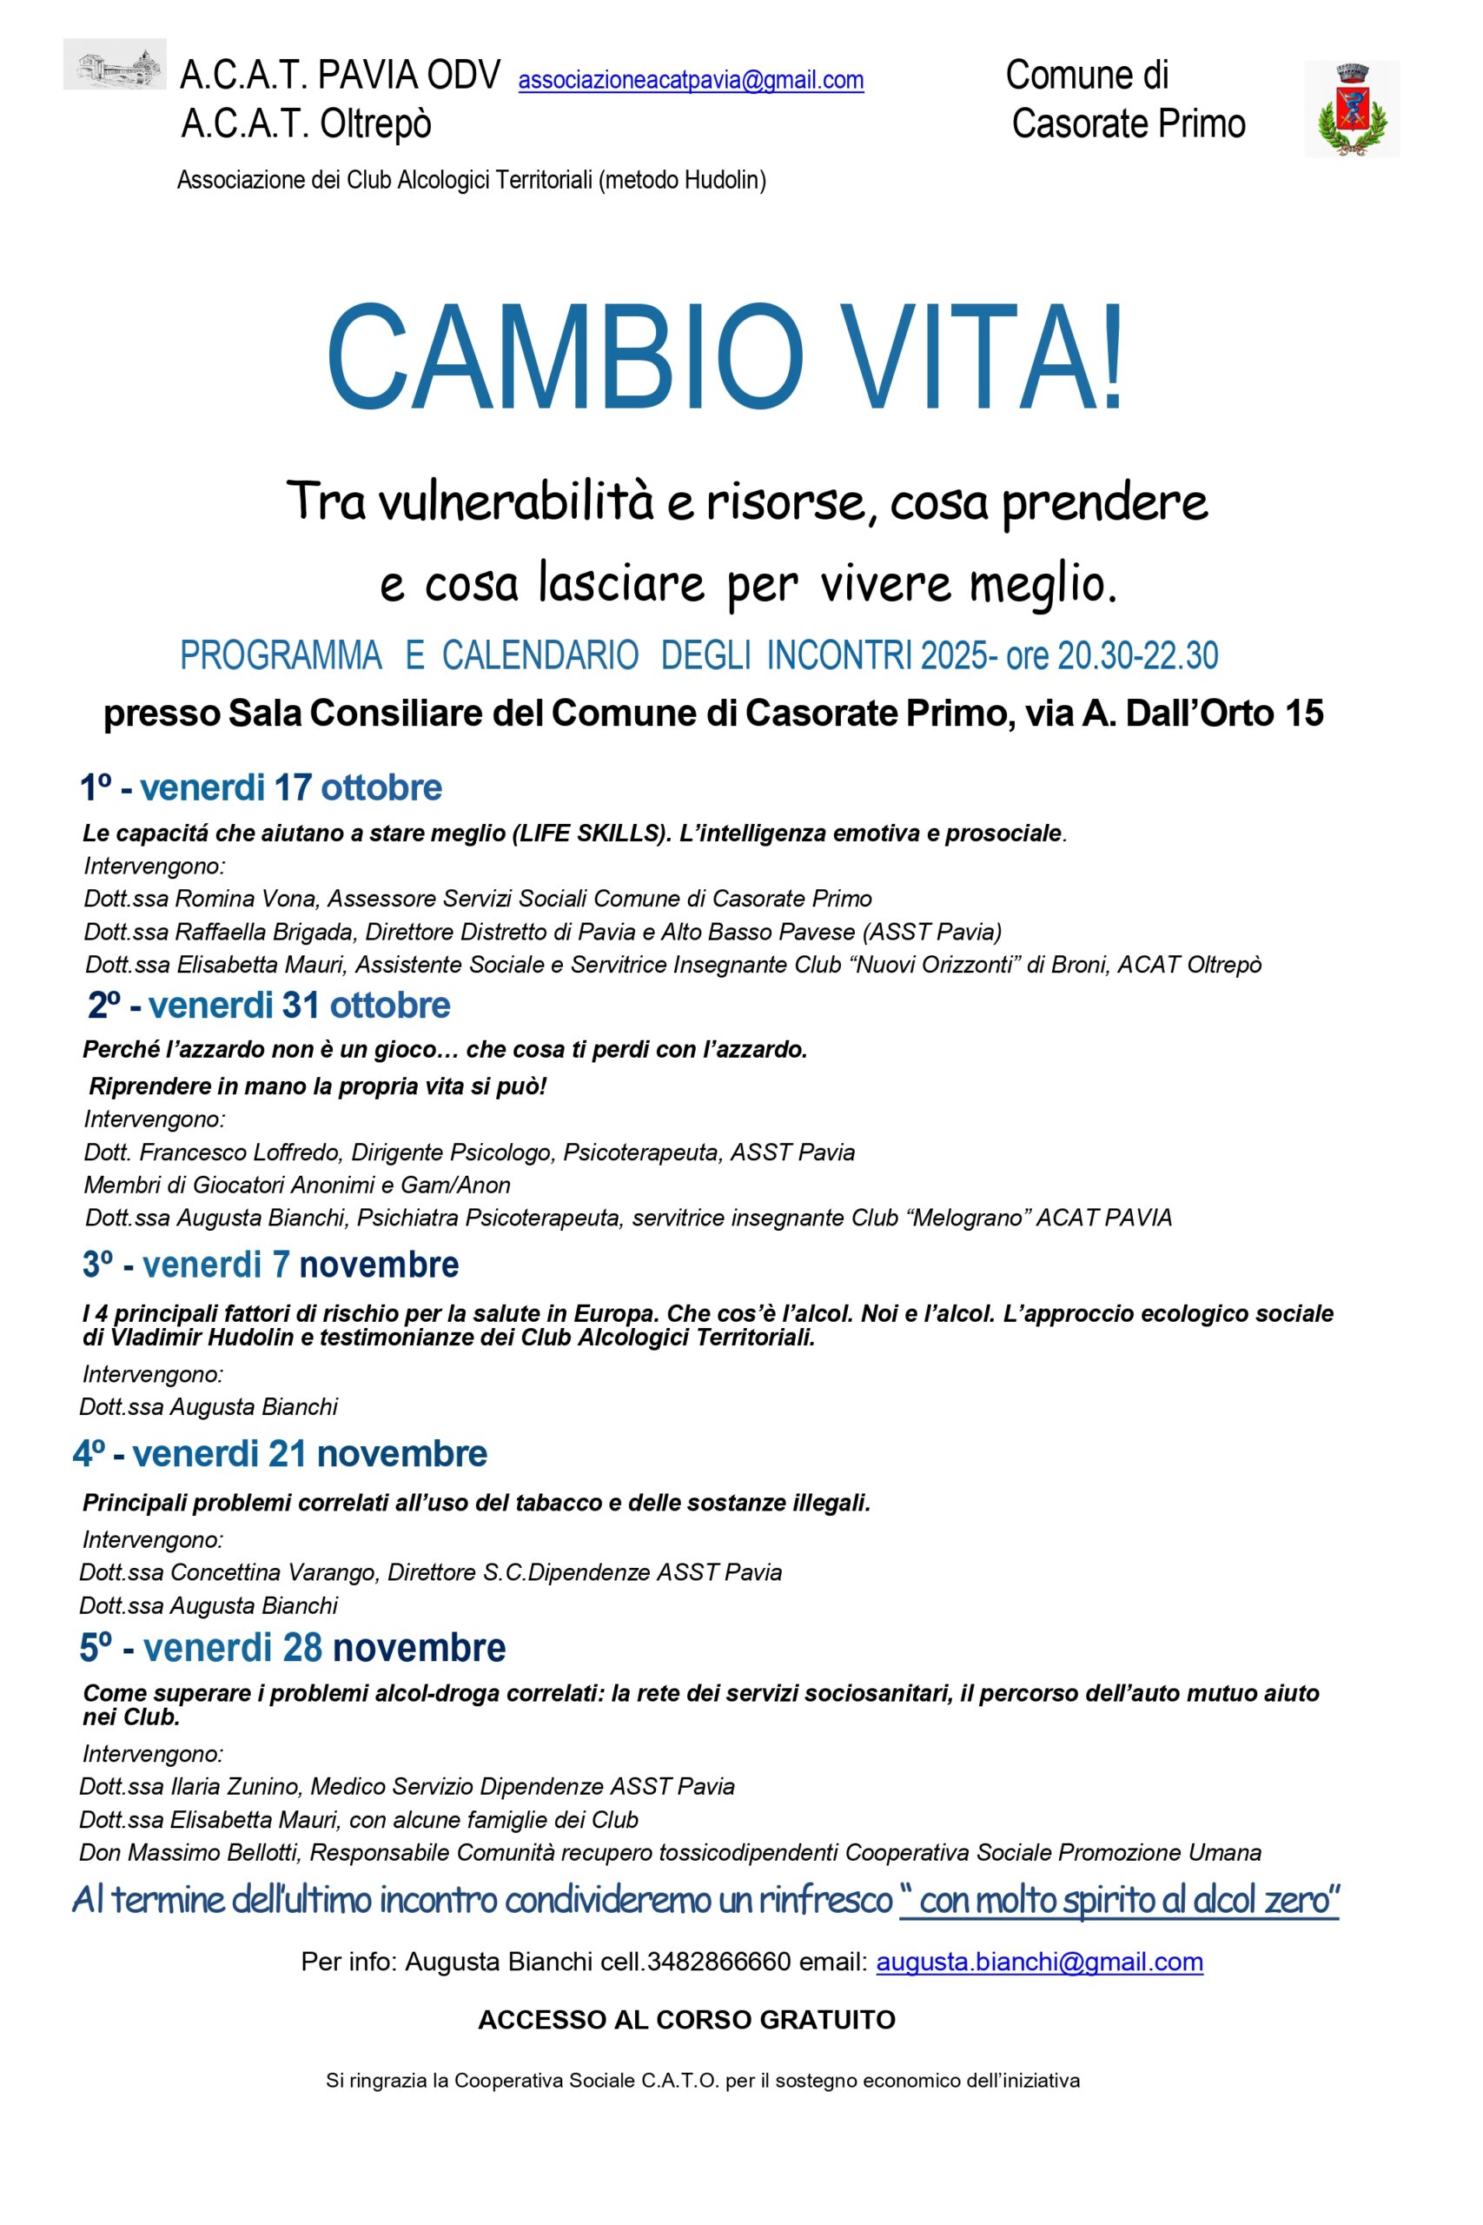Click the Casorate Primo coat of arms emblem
(x=1352, y=109)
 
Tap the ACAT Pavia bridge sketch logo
(x=115, y=64)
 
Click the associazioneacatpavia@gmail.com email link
(x=691, y=81)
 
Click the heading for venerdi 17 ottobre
(x=261, y=787)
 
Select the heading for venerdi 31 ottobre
(x=269, y=1005)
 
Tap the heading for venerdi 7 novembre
(x=271, y=1264)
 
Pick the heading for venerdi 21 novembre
(x=281, y=1453)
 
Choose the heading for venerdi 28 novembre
(x=293, y=1647)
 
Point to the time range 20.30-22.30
(x=1138, y=655)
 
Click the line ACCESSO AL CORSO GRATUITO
(x=686, y=2020)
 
